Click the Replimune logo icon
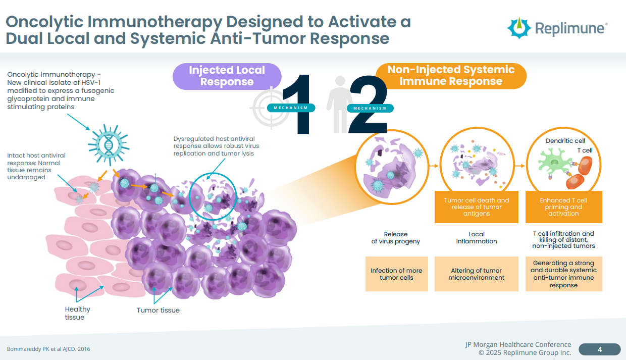coord(519,28)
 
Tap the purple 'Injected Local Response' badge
coord(227,76)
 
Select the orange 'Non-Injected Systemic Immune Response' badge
coord(450,76)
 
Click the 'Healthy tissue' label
coord(77,313)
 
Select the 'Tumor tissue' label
coord(158,310)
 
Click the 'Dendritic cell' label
coord(565,141)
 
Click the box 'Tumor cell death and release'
coord(476,207)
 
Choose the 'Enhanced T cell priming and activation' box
coord(563,207)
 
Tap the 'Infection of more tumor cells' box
coord(396,274)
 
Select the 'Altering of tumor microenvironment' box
coord(476,274)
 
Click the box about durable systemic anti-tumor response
coord(563,274)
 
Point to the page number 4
coord(599,349)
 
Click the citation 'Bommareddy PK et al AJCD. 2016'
coord(48,349)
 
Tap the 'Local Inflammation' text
coord(476,238)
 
